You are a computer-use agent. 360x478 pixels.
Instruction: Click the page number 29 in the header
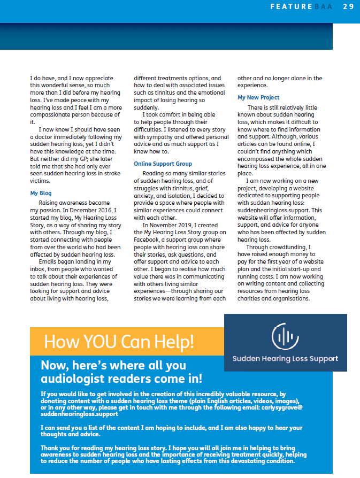348,6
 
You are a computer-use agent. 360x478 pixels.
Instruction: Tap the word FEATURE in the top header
291,6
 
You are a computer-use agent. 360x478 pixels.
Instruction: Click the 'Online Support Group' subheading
163,164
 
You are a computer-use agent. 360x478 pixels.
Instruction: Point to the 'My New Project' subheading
258,98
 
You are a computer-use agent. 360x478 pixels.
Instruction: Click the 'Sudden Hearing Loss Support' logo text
285,359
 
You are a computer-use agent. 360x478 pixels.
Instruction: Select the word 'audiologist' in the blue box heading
71,379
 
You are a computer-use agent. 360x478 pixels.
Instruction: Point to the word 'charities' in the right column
250,298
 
